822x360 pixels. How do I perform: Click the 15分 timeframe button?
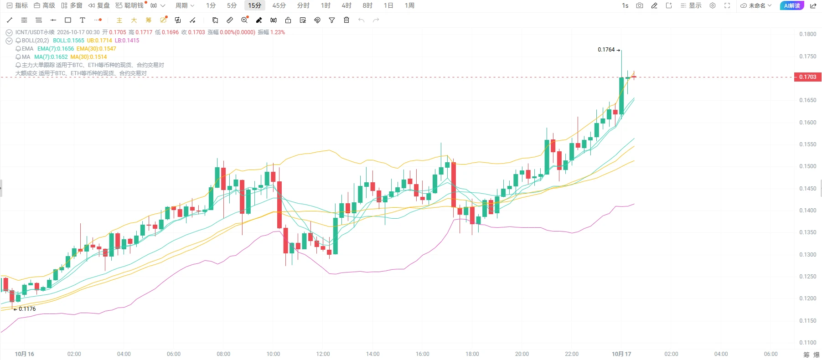pyautogui.click(x=254, y=5)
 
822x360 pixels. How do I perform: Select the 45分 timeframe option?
pyautogui.click(x=279, y=5)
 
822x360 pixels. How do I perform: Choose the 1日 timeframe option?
pyautogui.click(x=388, y=5)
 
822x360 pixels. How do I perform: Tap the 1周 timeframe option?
pyautogui.click(x=409, y=5)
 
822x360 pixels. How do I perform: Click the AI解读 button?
pyautogui.click(x=792, y=5)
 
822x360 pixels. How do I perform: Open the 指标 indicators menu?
pyautogui.click(x=17, y=5)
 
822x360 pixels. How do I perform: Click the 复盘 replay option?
pyautogui.click(x=99, y=5)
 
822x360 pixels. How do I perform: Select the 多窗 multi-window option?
pyautogui.click(x=72, y=5)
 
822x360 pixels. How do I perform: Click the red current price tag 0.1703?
pyautogui.click(x=808, y=77)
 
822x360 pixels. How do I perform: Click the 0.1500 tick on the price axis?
pyautogui.click(x=807, y=166)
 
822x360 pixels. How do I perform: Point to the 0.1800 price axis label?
pyautogui.click(x=807, y=34)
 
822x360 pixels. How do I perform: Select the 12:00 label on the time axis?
pyautogui.click(x=323, y=354)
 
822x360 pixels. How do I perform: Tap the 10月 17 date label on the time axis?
pyautogui.click(x=621, y=354)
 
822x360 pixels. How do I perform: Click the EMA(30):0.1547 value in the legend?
pyautogui.click(x=96, y=49)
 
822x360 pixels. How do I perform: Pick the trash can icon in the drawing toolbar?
pyautogui.click(x=346, y=20)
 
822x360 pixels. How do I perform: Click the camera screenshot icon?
pyautogui.click(x=640, y=5)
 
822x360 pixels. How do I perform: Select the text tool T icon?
pyautogui.click(x=83, y=20)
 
